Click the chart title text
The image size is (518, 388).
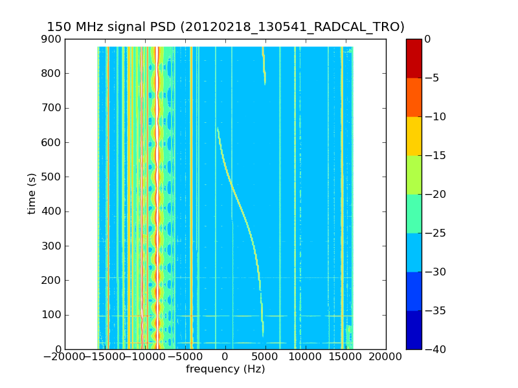click(225, 27)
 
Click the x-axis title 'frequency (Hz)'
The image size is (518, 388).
click(225, 369)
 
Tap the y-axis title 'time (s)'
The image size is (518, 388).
click(32, 194)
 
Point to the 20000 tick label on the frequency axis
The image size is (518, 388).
click(386, 356)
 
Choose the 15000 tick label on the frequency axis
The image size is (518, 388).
click(346, 356)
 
